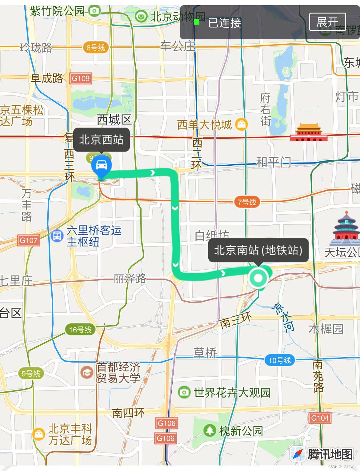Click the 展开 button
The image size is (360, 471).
[x=327, y=22]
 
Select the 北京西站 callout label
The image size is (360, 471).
[x=101, y=140]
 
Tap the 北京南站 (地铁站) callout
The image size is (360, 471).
[x=258, y=250]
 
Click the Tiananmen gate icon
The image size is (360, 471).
[x=309, y=133]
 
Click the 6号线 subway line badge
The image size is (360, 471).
[x=95, y=48]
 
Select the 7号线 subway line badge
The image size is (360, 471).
[x=247, y=202]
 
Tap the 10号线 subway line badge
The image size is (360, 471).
[x=280, y=360]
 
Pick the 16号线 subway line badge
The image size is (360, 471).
[x=80, y=330]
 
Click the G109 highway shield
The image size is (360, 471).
[x=81, y=78]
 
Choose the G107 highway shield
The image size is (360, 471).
[x=29, y=240]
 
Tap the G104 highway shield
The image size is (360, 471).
[x=320, y=418]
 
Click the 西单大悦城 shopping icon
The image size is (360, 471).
[x=242, y=124]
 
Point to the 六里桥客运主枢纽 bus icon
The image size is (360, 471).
[x=57, y=236]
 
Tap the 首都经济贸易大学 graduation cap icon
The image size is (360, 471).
[x=87, y=373]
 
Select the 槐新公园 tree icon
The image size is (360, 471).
[x=209, y=430]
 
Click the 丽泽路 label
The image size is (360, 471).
[x=130, y=279]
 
